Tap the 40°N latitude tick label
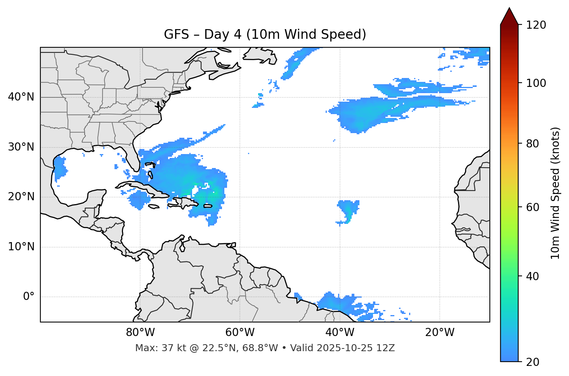click(21, 97)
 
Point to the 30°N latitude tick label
click(21, 147)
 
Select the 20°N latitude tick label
click(21, 197)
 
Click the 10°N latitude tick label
click(21, 247)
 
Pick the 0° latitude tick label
click(29, 297)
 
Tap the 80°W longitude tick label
click(140, 333)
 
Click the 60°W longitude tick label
click(240, 333)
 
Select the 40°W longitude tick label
click(340, 333)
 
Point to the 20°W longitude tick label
click(439, 333)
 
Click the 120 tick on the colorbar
click(536, 25)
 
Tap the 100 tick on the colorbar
click(536, 83)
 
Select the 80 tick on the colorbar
click(534, 144)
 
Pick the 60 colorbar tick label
click(534, 207)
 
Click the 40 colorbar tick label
click(534, 276)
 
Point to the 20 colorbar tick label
click(534, 362)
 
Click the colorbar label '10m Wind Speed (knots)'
click(555, 193)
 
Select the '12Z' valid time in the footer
click(387, 348)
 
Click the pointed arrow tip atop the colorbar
click(509, 9)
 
